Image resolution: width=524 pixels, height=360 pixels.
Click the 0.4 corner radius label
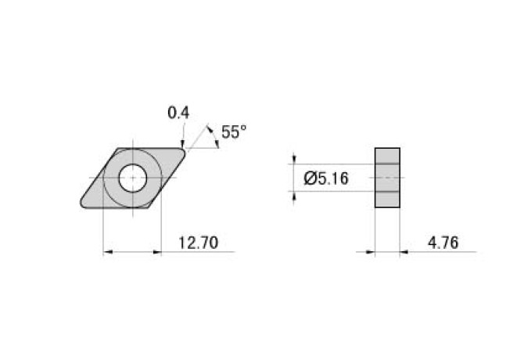178,113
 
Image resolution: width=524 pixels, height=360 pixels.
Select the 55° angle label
233,132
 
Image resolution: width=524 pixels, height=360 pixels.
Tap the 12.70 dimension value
197,243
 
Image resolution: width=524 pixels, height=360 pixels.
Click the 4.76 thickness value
442,243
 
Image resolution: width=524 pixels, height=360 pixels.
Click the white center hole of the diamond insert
132,178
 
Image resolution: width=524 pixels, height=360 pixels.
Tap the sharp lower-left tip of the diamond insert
81,205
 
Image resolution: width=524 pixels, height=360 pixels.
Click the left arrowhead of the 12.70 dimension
109,252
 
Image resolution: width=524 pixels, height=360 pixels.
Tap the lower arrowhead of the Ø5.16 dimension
294,196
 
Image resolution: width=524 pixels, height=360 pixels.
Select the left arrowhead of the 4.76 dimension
370,252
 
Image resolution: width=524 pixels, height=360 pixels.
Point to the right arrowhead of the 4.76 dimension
405,252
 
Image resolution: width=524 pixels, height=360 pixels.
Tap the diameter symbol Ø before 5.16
308,179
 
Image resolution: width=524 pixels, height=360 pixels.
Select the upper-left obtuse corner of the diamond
118,149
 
